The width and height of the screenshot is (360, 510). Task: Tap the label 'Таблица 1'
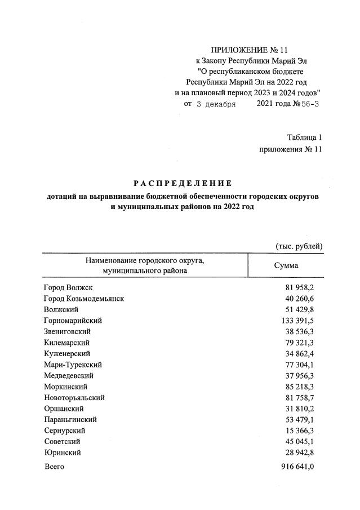point(304,138)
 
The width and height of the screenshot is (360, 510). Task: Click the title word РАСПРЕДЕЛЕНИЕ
point(183,183)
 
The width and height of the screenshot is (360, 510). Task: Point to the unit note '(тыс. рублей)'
point(299,246)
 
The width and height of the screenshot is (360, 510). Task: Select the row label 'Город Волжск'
point(68,288)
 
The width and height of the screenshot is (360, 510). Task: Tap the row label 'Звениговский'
point(67,331)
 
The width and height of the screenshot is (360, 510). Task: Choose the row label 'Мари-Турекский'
point(71,365)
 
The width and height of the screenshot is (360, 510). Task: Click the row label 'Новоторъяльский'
point(74,397)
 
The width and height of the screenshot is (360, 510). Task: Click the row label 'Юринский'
point(62,453)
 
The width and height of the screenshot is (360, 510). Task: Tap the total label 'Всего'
point(54,467)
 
